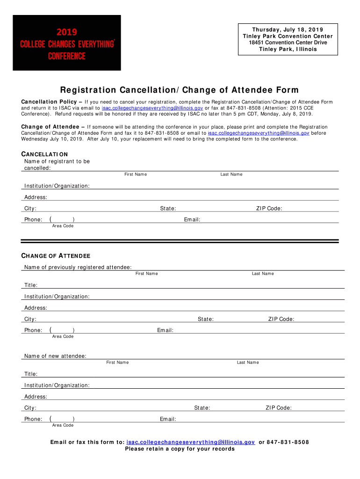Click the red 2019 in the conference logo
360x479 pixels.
[67, 32]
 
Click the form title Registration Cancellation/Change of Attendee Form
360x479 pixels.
[179, 90]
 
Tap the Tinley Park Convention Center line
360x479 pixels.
[288, 36]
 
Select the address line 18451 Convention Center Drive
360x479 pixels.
[288, 43]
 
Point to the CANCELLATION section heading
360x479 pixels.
[45, 154]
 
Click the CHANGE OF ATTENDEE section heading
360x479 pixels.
[56, 256]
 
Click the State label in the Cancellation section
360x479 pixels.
[168, 209]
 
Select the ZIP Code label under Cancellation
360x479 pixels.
[269, 209]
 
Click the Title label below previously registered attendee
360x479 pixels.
[31, 285]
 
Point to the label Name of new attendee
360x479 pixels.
[55, 356]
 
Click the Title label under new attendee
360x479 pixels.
[31, 374]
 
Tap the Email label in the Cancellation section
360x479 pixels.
[192, 220]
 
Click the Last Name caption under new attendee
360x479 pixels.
[248, 363]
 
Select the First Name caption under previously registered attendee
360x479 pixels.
[147, 274]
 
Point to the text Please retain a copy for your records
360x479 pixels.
[180, 449]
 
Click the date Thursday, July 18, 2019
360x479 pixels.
[288, 30]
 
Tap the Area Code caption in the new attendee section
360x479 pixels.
[63, 425]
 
